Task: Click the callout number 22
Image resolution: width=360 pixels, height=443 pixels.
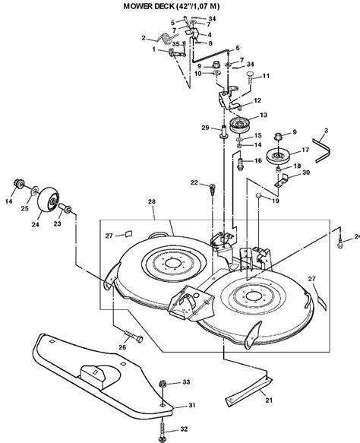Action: coord(194,182)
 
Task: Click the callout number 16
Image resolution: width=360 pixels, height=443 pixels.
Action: coord(258,161)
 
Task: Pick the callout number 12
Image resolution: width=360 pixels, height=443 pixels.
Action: coord(257,101)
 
